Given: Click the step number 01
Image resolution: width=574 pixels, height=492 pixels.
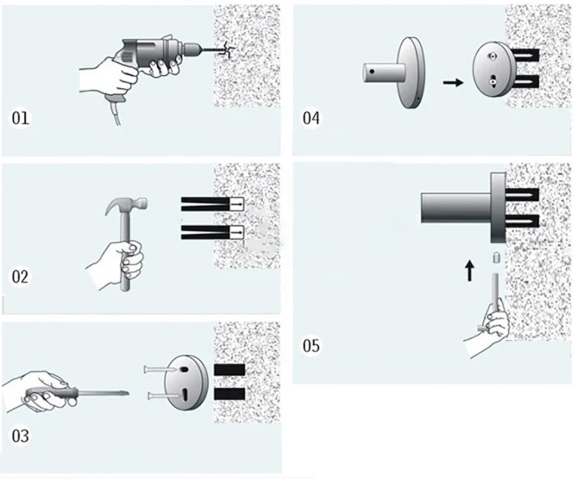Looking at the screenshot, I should pyautogui.click(x=21, y=118).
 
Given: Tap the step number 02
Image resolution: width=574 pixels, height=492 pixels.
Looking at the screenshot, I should pyautogui.click(x=21, y=277).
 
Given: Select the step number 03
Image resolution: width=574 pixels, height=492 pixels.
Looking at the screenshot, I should pyautogui.click(x=21, y=435).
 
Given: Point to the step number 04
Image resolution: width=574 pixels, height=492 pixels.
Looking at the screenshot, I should pyautogui.click(x=311, y=118).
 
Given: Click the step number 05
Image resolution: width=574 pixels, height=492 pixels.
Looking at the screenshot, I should pyautogui.click(x=311, y=346).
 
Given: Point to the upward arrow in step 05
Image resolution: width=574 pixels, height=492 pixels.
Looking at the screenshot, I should pyautogui.click(x=470, y=271).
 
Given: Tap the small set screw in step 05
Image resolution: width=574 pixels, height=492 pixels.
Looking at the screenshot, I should pyautogui.click(x=496, y=258).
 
